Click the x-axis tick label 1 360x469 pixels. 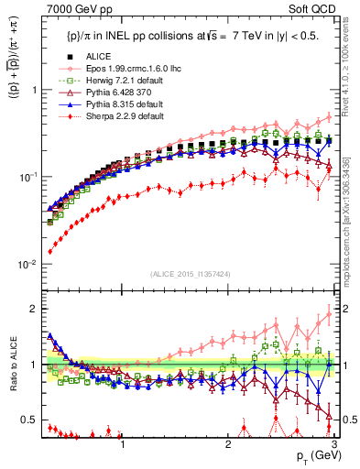click(123, 443)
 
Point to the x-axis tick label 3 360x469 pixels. click(333, 443)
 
